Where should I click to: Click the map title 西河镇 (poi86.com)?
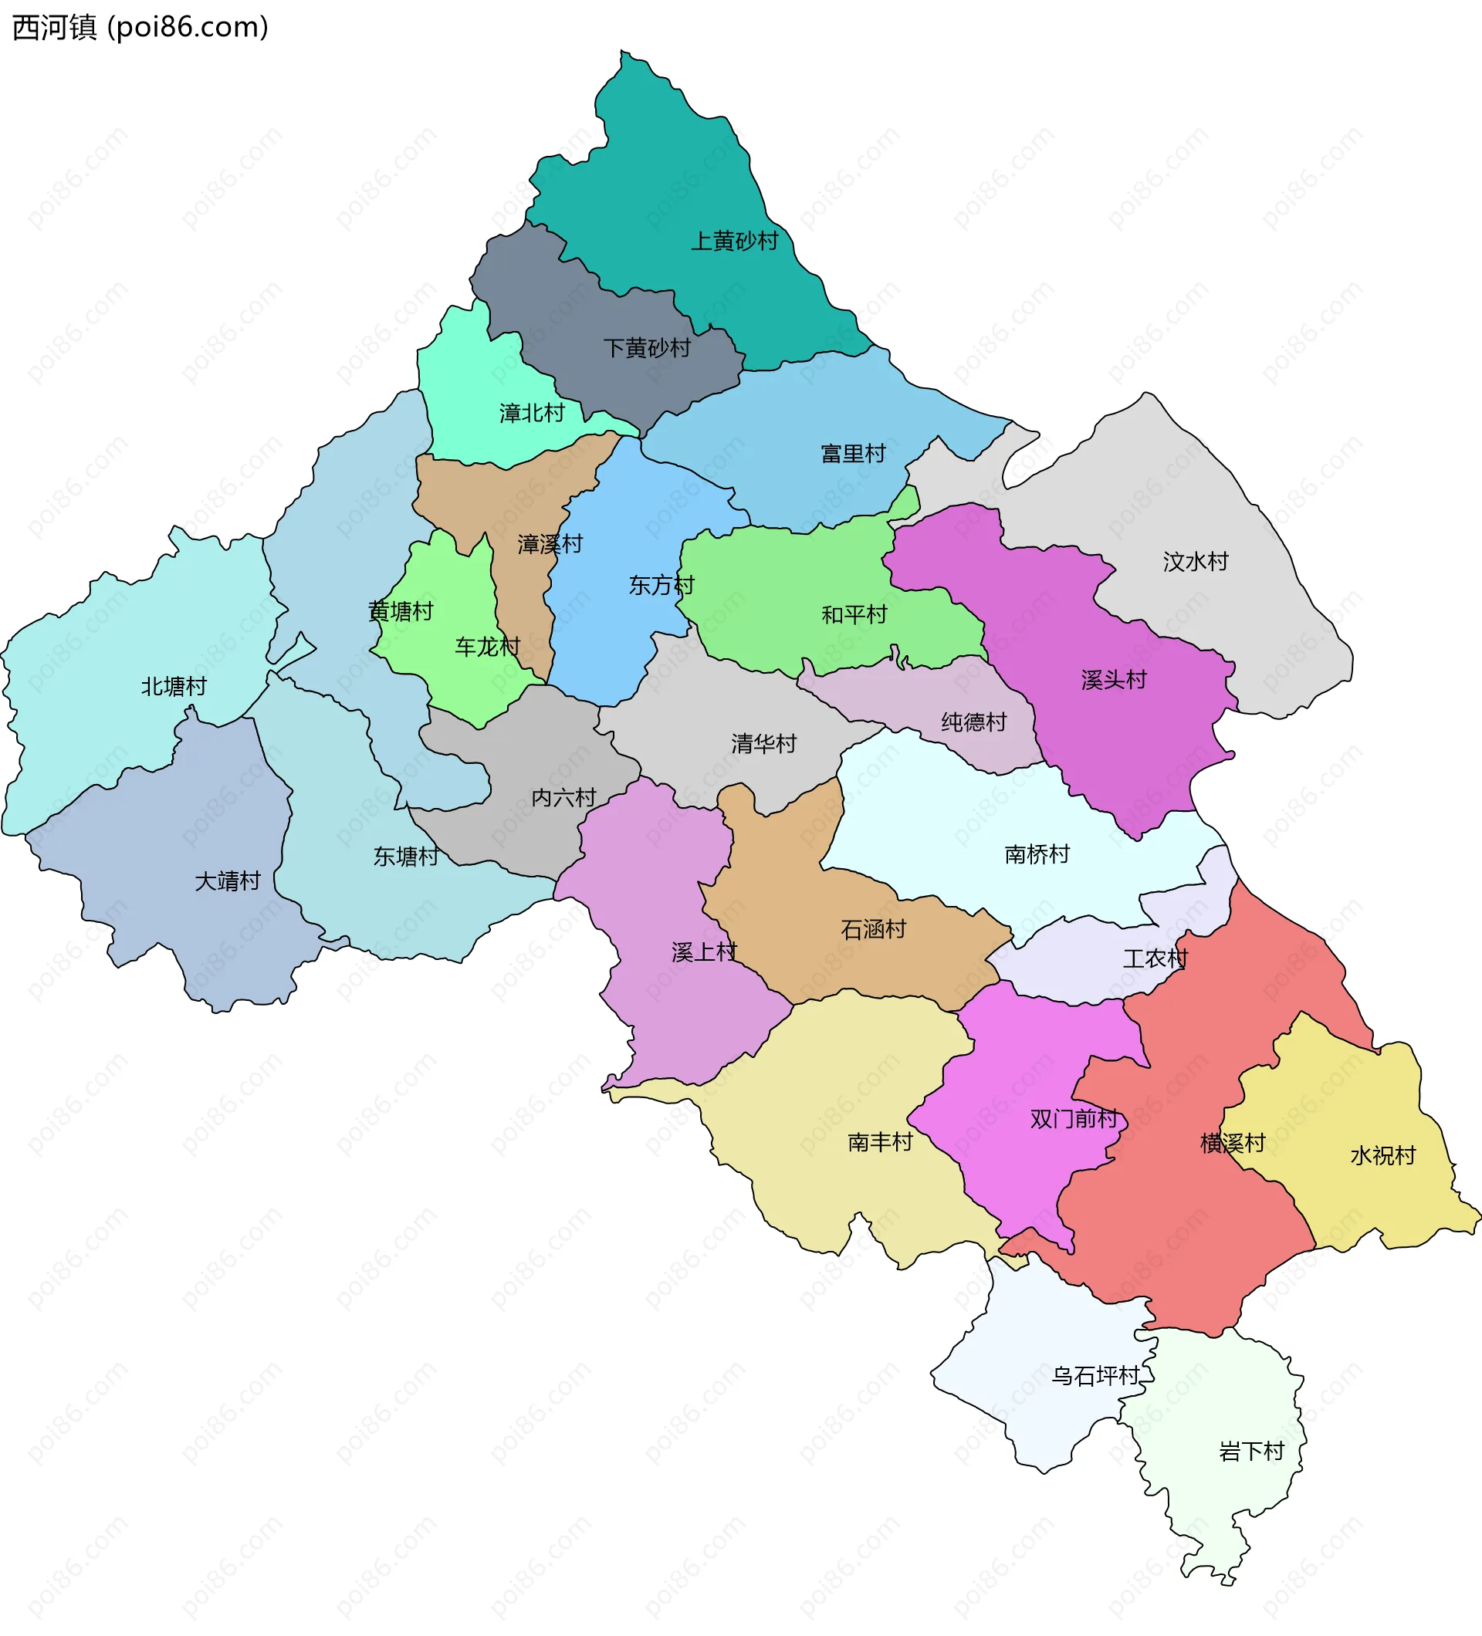pos(140,28)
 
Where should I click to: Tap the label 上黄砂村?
pos(734,241)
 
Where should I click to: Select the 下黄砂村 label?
pos(647,348)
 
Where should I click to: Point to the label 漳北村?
pos(532,413)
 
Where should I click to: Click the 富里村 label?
pos(853,454)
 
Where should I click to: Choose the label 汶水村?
pos(1196,562)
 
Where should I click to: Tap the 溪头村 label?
pos(1114,680)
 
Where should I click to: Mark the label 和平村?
pos(854,614)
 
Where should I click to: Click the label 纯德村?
pos(974,722)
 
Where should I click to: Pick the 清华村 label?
pos(763,743)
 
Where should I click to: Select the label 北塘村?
pos(174,687)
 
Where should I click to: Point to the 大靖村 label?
pos(227,881)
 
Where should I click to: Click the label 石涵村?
pos(873,929)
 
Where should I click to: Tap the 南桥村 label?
pos(1037,853)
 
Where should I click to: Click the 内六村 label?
pos(563,798)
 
